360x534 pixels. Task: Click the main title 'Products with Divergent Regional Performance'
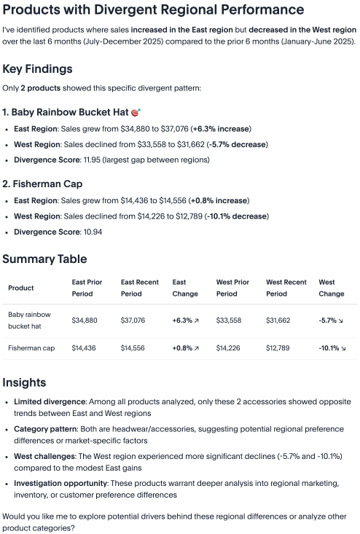pyautogui.click(x=154, y=10)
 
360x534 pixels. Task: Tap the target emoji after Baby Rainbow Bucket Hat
pyautogui.click(x=135, y=113)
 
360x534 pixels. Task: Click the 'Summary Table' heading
pyautogui.click(x=44, y=259)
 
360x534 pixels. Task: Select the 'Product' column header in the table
pyautogui.click(x=20, y=288)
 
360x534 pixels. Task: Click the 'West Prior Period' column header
pyautogui.click(x=232, y=288)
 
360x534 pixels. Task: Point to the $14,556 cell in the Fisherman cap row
pyautogui.click(x=133, y=348)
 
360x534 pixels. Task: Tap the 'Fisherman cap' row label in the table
pyautogui.click(x=31, y=348)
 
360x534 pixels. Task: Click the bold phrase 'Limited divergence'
pyautogui.click(x=49, y=401)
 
